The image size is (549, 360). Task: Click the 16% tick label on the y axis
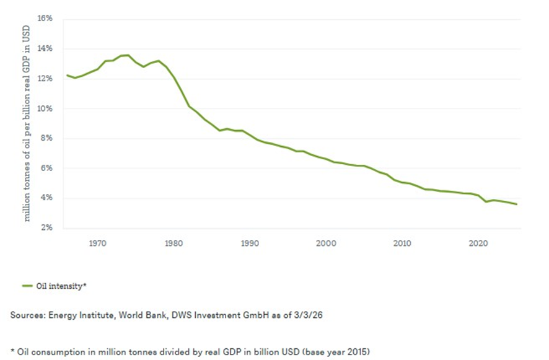click(x=45, y=19)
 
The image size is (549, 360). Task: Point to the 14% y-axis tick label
click(x=45, y=48)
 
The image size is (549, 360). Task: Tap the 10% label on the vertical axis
click(x=45, y=108)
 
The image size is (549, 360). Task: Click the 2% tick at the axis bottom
click(x=46, y=228)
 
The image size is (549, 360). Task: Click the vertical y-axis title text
click(x=28, y=123)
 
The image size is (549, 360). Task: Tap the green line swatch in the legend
click(x=27, y=286)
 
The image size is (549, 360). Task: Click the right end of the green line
click(x=517, y=204)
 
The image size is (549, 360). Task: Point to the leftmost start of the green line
click(x=66, y=76)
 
